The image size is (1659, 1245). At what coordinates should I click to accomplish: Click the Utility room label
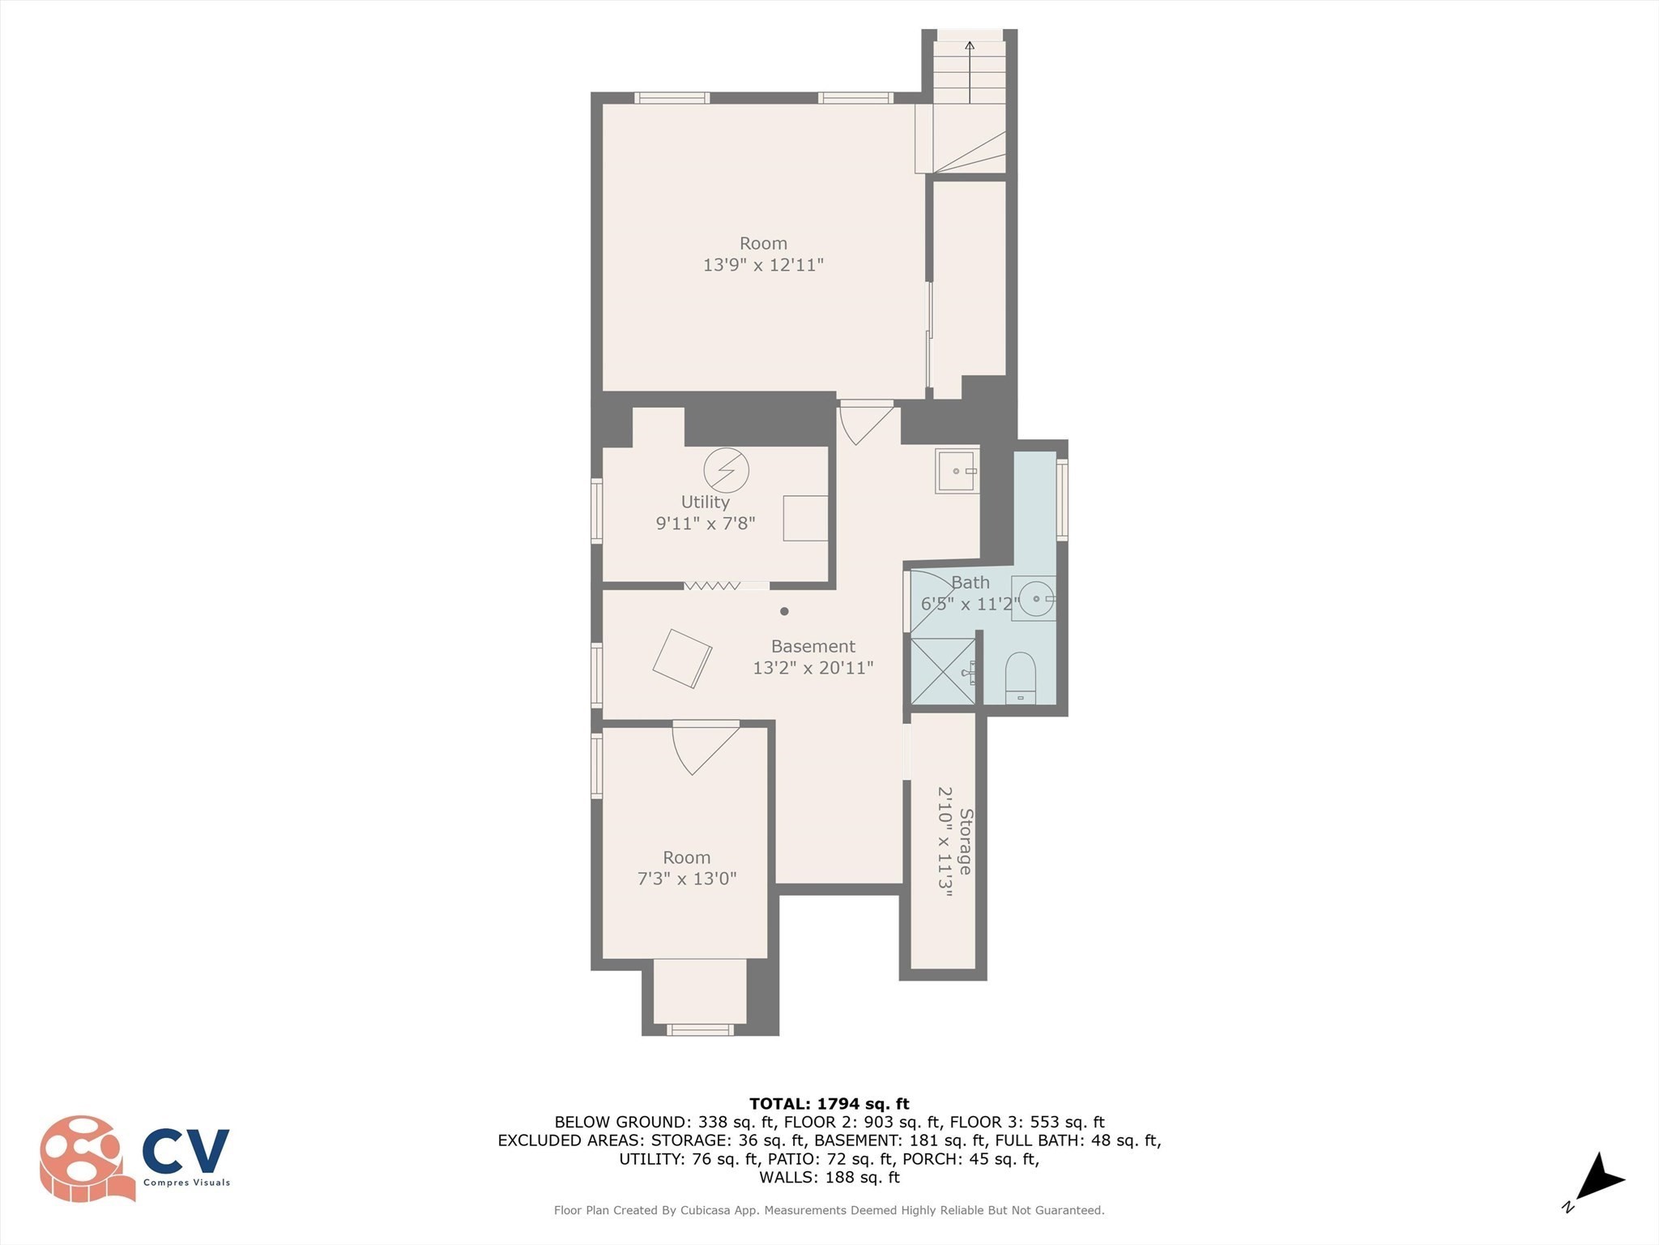click(x=705, y=503)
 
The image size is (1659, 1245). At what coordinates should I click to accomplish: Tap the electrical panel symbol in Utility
click(x=726, y=470)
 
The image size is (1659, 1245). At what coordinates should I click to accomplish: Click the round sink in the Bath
click(x=1036, y=598)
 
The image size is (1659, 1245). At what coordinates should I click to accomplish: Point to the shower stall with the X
click(x=943, y=671)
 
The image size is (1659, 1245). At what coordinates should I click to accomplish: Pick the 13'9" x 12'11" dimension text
click(x=763, y=265)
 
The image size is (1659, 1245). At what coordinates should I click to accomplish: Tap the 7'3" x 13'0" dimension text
click(x=687, y=879)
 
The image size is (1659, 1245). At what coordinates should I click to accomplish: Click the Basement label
click(x=812, y=647)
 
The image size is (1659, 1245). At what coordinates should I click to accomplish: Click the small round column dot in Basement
click(x=784, y=611)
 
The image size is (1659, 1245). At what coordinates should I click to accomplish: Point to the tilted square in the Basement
click(x=682, y=658)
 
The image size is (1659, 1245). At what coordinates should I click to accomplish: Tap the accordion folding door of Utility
click(x=713, y=585)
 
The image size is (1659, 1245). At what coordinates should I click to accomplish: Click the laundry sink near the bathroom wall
click(x=957, y=471)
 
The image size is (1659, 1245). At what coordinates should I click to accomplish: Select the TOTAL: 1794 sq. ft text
click(x=829, y=1104)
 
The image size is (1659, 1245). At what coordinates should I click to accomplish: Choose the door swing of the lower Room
click(x=703, y=747)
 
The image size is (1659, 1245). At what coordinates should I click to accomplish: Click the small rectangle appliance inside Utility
click(x=805, y=518)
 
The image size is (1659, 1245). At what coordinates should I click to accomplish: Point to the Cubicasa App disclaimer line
click(x=829, y=1210)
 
